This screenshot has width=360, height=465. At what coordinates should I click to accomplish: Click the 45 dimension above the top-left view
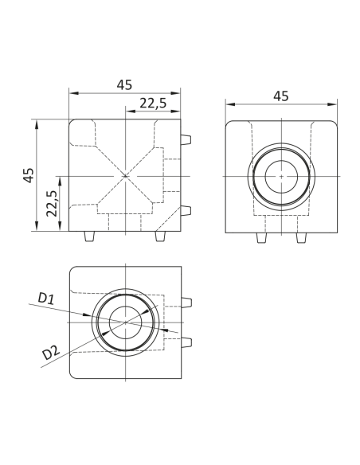(x=124, y=85)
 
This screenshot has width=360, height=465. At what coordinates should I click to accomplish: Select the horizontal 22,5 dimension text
(x=152, y=103)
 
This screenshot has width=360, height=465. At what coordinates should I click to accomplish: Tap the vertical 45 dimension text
(x=29, y=175)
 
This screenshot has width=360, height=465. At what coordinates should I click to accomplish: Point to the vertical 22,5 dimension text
(x=51, y=204)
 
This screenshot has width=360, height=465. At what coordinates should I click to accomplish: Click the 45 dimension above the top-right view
(x=280, y=96)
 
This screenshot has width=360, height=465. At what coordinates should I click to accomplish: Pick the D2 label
(x=50, y=351)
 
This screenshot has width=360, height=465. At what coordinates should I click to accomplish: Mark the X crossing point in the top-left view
(x=125, y=175)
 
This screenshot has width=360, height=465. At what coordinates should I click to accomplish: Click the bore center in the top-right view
(x=280, y=175)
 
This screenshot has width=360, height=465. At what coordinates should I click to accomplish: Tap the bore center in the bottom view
(x=125, y=321)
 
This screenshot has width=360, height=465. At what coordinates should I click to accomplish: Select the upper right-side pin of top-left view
(x=186, y=139)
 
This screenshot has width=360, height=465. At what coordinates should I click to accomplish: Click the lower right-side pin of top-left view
(x=186, y=211)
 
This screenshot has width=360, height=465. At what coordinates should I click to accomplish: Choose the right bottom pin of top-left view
(x=161, y=237)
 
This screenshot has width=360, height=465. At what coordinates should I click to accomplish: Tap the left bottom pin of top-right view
(x=260, y=238)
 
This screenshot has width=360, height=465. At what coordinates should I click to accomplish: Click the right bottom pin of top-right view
(x=301, y=238)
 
